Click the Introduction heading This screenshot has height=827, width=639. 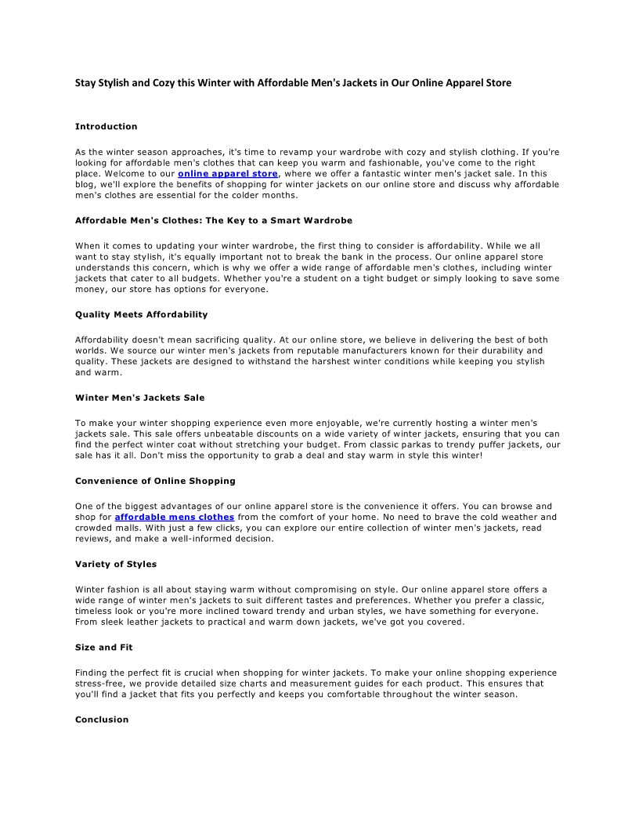(106, 126)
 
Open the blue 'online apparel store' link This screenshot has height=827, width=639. (227, 173)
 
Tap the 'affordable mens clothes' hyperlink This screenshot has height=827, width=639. (175, 517)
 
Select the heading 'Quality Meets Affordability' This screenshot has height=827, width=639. (141, 314)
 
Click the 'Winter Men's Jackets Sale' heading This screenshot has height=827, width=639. (139, 398)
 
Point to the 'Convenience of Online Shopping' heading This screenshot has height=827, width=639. (155, 481)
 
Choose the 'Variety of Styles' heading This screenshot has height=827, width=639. (116, 564)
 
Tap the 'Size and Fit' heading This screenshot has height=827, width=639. (103, 648)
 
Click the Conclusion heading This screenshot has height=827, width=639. (102, 720)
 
